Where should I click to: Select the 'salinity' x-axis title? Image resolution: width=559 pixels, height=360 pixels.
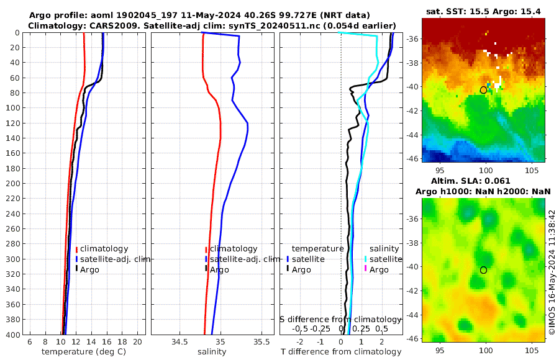point(212,352)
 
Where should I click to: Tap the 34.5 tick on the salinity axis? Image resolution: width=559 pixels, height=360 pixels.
point(180,342)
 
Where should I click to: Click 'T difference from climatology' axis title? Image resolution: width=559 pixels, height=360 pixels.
point(341,352)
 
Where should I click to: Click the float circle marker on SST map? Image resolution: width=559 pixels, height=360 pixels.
point(483,90)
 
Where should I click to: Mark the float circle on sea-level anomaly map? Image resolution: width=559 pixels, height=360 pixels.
point(483,270)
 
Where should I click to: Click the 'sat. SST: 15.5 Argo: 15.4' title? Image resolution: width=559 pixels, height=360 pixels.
point(483,11)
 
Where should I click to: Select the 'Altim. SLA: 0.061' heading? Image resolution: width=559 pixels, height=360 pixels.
point(483,181)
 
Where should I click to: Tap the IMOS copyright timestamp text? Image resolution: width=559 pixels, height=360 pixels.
point(552,272)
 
